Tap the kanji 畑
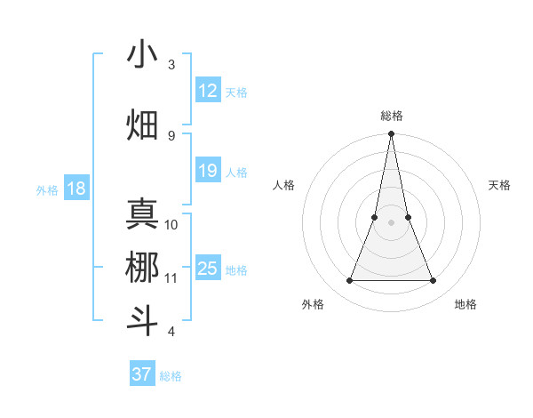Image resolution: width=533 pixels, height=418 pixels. pyautogui.click(x=142, y=125)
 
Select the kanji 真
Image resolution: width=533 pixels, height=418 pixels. pyautogui.click(x=142, y=215)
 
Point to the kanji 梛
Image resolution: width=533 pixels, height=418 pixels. pyautogui.click(x=142, y=267)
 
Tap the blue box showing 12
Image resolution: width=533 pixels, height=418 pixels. pyautogui.click(x=208, y=91)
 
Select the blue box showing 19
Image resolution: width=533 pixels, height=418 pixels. pyautogui.click(x=208, y=171)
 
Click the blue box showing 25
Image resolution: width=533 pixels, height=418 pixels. pyautogui.click(x=208, y=269)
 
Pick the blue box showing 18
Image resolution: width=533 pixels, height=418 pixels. pyautogui.click(x=76, y=189)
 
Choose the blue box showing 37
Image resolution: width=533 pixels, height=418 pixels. pyautogui.click(x=141, y=374)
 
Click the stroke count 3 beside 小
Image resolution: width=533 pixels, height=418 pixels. pyautogui.click(x=171, y=65)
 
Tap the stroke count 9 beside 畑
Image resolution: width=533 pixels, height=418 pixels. pyautogui.click(x=171, y=135)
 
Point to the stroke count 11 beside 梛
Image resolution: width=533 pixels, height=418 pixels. pyautogui.click(x=171, y=277)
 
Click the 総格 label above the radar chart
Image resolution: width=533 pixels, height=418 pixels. pyautogui.click(x=392, y=116)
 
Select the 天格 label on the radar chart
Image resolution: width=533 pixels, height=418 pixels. pyautogui.click(x=499, y=185)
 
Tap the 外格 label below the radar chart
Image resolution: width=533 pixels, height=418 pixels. pyautogui.click(x=313, y=304)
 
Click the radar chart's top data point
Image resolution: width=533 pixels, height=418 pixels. pyautogui.click(x=391, y=134)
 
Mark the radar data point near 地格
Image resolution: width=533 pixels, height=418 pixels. pyautogui.click(x=434, y=281)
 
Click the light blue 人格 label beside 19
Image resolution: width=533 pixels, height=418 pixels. pyautogui.click(x=236, y=172)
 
